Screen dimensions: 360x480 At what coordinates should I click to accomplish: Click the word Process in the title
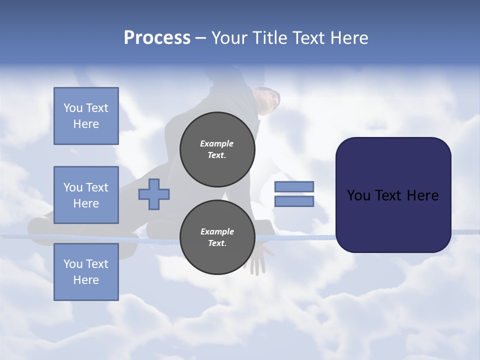coord(157,38)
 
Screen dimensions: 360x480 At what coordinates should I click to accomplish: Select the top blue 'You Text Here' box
coord(86,116)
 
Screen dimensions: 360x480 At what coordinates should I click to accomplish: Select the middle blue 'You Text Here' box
coord(86,195)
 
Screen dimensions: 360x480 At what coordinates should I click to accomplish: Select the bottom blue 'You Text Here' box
coord(86,272)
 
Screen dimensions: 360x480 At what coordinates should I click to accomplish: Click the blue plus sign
coord(154,194)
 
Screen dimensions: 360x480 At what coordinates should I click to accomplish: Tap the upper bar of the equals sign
coord(294,186)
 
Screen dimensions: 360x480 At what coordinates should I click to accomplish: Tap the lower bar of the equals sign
coord(294,201)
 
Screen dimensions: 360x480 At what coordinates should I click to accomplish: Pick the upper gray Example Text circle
coord(217,149)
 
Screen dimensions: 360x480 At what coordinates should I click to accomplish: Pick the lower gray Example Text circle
coord(217,237)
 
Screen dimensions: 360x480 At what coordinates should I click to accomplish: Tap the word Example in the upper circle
coord(217,143)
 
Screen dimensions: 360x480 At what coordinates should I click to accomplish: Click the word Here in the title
coord(350,38)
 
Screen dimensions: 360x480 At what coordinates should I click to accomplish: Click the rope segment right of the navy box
coord(465,231)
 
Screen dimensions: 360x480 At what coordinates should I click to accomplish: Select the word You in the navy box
coord(358,195)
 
